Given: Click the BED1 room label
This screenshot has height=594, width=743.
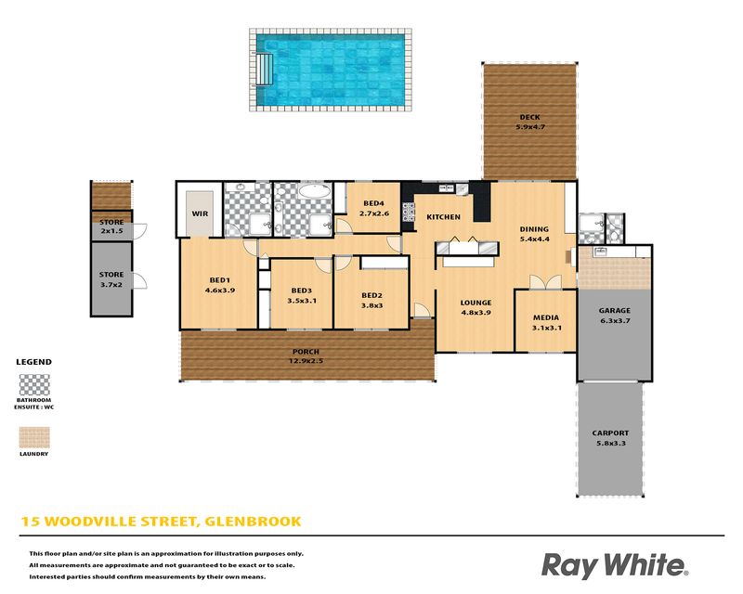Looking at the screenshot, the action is [220, 280].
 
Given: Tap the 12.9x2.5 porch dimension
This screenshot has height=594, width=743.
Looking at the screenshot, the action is [306, 361].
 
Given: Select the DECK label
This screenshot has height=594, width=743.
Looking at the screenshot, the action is [529, 117].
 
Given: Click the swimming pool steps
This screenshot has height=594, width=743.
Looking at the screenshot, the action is [265, 69].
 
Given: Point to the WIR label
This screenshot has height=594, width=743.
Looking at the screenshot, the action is [200, 213].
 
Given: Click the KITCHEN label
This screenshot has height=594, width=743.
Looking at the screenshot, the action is [444, 217].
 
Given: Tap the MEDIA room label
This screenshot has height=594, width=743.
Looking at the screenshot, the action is [546, 317].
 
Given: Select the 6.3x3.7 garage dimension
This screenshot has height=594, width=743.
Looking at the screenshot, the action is [615, 321].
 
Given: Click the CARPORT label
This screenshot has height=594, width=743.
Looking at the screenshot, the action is [611, 433].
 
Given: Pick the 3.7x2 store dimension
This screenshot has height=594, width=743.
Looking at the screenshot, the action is [111, 285].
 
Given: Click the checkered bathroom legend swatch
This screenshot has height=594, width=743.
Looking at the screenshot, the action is [34, 384].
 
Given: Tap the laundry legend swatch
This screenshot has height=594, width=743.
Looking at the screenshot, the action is [34, 438].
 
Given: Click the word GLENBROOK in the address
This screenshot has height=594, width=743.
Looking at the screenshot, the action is [253, 522].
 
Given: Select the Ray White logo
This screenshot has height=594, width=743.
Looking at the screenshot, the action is [615, 565].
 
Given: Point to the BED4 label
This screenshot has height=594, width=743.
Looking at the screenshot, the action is [374, 203].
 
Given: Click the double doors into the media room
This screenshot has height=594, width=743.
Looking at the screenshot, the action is [545, 282].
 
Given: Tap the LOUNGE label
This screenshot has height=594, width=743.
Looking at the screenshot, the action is [476, 303].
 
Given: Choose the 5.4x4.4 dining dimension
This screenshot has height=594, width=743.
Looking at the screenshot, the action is [535, 239].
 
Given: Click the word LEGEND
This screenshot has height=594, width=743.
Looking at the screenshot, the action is [34, 362].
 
